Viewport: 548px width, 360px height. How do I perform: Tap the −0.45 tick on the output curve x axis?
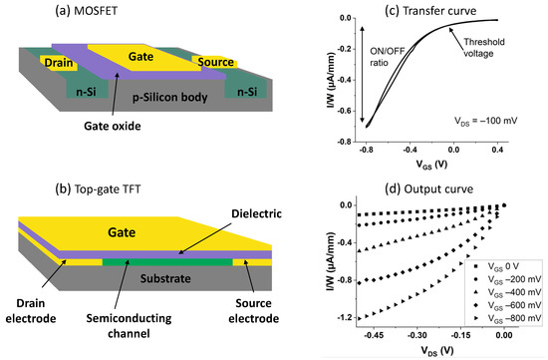(377, 338)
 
